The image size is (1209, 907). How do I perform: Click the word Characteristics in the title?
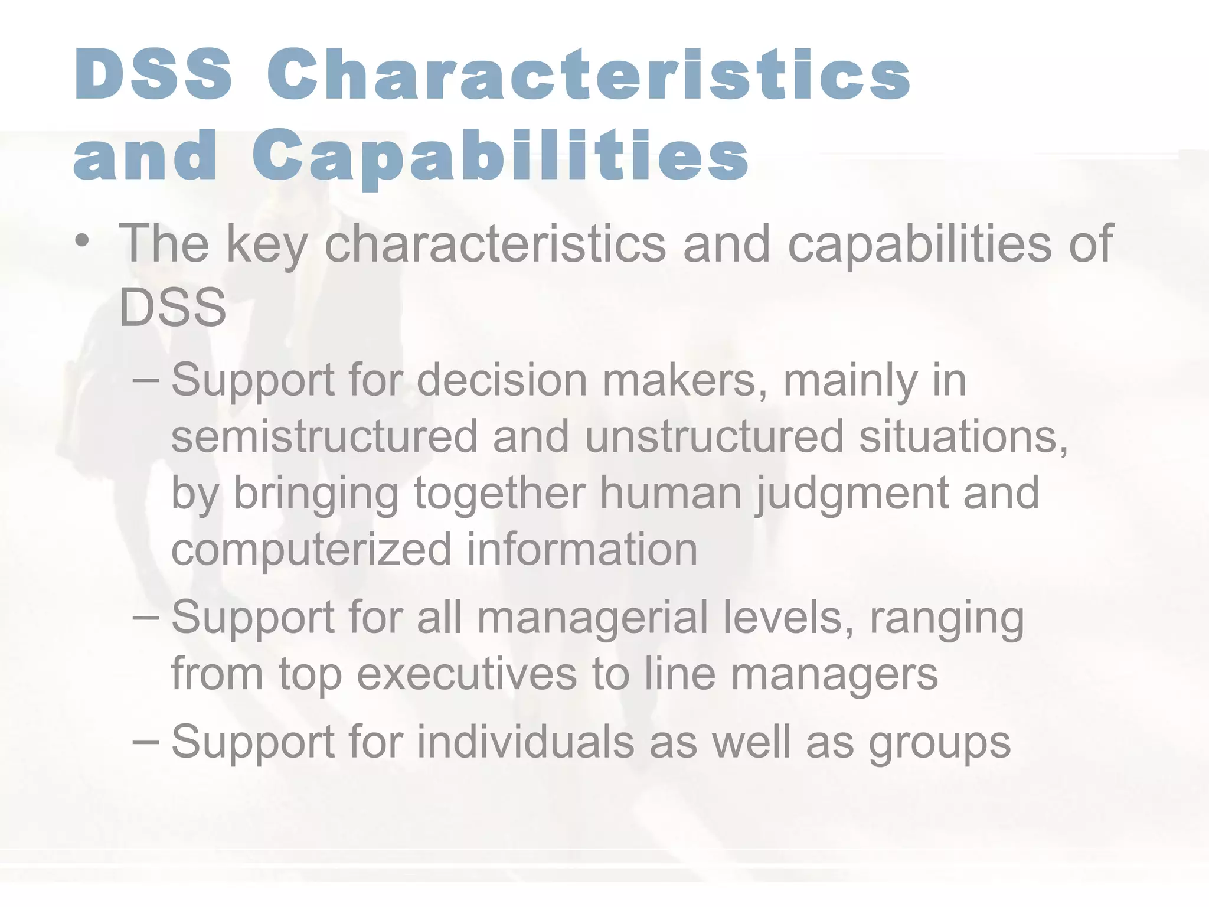pos(589,74)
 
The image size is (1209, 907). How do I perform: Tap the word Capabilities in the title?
pos(500,155)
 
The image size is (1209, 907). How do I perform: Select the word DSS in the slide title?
pos(153,74)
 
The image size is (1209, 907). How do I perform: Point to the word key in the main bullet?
pos(267,244)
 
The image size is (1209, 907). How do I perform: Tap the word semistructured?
pos(324,436)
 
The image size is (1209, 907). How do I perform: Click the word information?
pos(582,549)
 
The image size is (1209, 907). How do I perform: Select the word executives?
pos(467,674)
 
